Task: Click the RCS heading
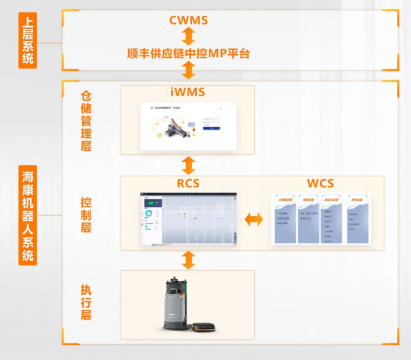tap(188, 183)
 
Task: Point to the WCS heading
tap(320, 183)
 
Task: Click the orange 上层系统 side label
tap(27, 42)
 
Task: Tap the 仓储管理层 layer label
tap(86, 120)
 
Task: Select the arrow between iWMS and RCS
tap(188, 165)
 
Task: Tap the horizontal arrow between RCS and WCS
tap(255, 219)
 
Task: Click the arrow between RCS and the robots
tap(188, 260)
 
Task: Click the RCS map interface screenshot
tap(188, 219)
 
